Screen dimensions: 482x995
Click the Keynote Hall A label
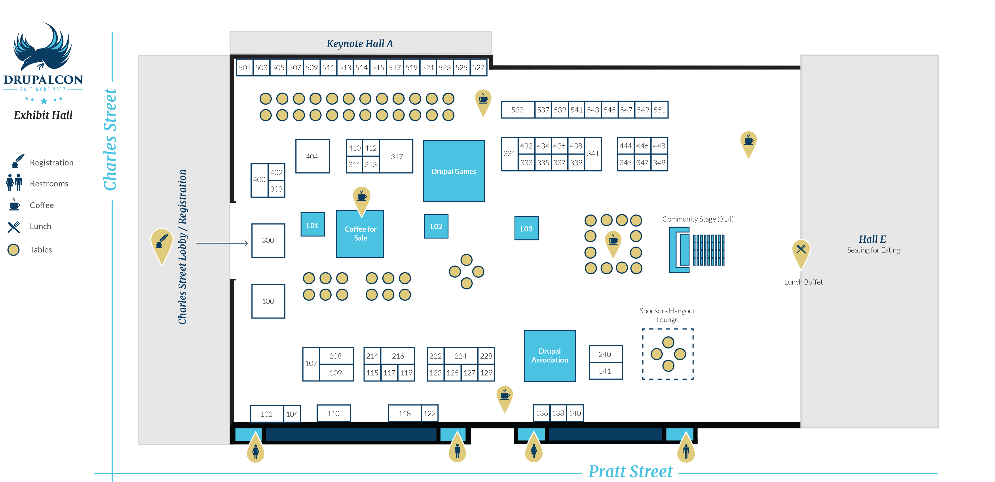coord(360,44)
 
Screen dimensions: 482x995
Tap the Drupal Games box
coord(454,171)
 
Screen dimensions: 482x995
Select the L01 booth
coord(312,225)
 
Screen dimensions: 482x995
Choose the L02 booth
coord(436,227)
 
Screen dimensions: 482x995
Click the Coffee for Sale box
coord(360,233)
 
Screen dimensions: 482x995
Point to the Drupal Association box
coord(550,356)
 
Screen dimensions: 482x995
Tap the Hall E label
coord(872,239)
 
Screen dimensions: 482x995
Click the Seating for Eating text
coord(873,250)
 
